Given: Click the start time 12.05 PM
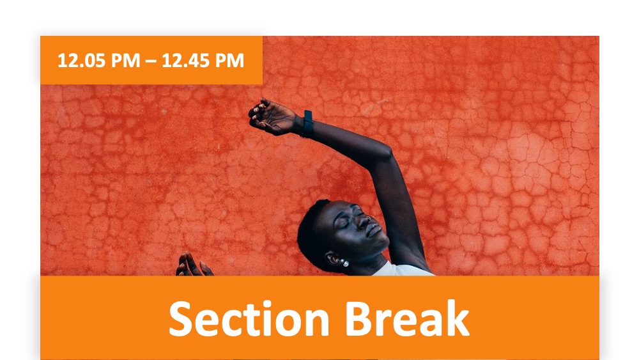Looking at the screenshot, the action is coord(99,61).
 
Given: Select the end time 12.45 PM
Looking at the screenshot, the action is coord(203,61).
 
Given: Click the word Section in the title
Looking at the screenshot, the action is coord(249,318).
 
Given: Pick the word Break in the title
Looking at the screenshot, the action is coord(407,318).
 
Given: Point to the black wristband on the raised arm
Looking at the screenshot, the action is coord(307,123).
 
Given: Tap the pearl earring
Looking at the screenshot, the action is coord(345,263).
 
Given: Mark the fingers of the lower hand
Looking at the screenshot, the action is coord(193,264).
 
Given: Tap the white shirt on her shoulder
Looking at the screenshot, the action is coord(403,269).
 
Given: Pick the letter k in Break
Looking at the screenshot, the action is coord(458,318).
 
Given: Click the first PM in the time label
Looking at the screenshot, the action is coord(125,61).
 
